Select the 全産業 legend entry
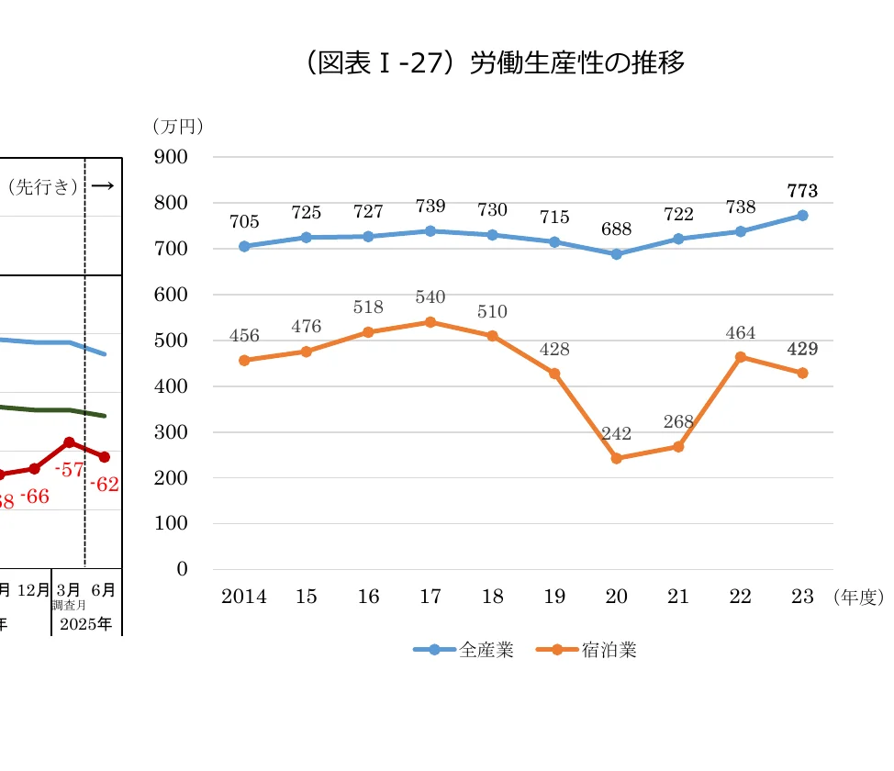(x=464, y=650)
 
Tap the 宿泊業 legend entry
(x=587, y=650)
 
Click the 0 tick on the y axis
(x=182, y=569)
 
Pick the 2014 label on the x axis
(x=244, y=597)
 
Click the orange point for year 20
(x=617, y=458)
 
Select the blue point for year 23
(x=802, y=216)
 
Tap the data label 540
(x=430, y=297)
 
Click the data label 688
(x=617, y=229)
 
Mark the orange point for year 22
(x=741, y=357)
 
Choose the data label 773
(x=802, y=191)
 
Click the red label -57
(x=70, y=469)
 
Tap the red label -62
(x=105, y=485)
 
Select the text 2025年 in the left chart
(x=85, y=624)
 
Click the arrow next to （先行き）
(x=103, y=186)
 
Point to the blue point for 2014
(x=244, y=246)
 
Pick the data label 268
(x=678, y=421)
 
